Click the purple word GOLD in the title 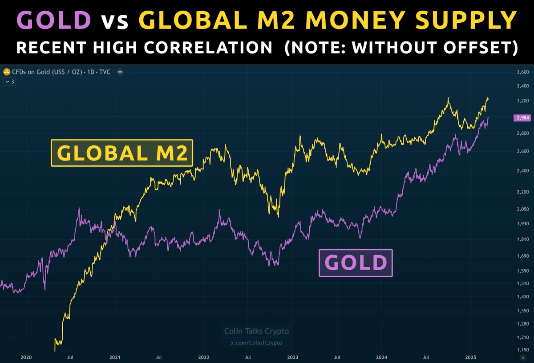click(53, 20)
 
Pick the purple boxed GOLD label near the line click(356, 263)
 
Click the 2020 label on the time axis click(26, 357)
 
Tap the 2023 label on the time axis click(293, 357)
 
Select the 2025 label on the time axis click(470, 357)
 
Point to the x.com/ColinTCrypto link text click(256, 342)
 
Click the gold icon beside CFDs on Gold click(7, 72)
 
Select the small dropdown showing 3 click(9, 82)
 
